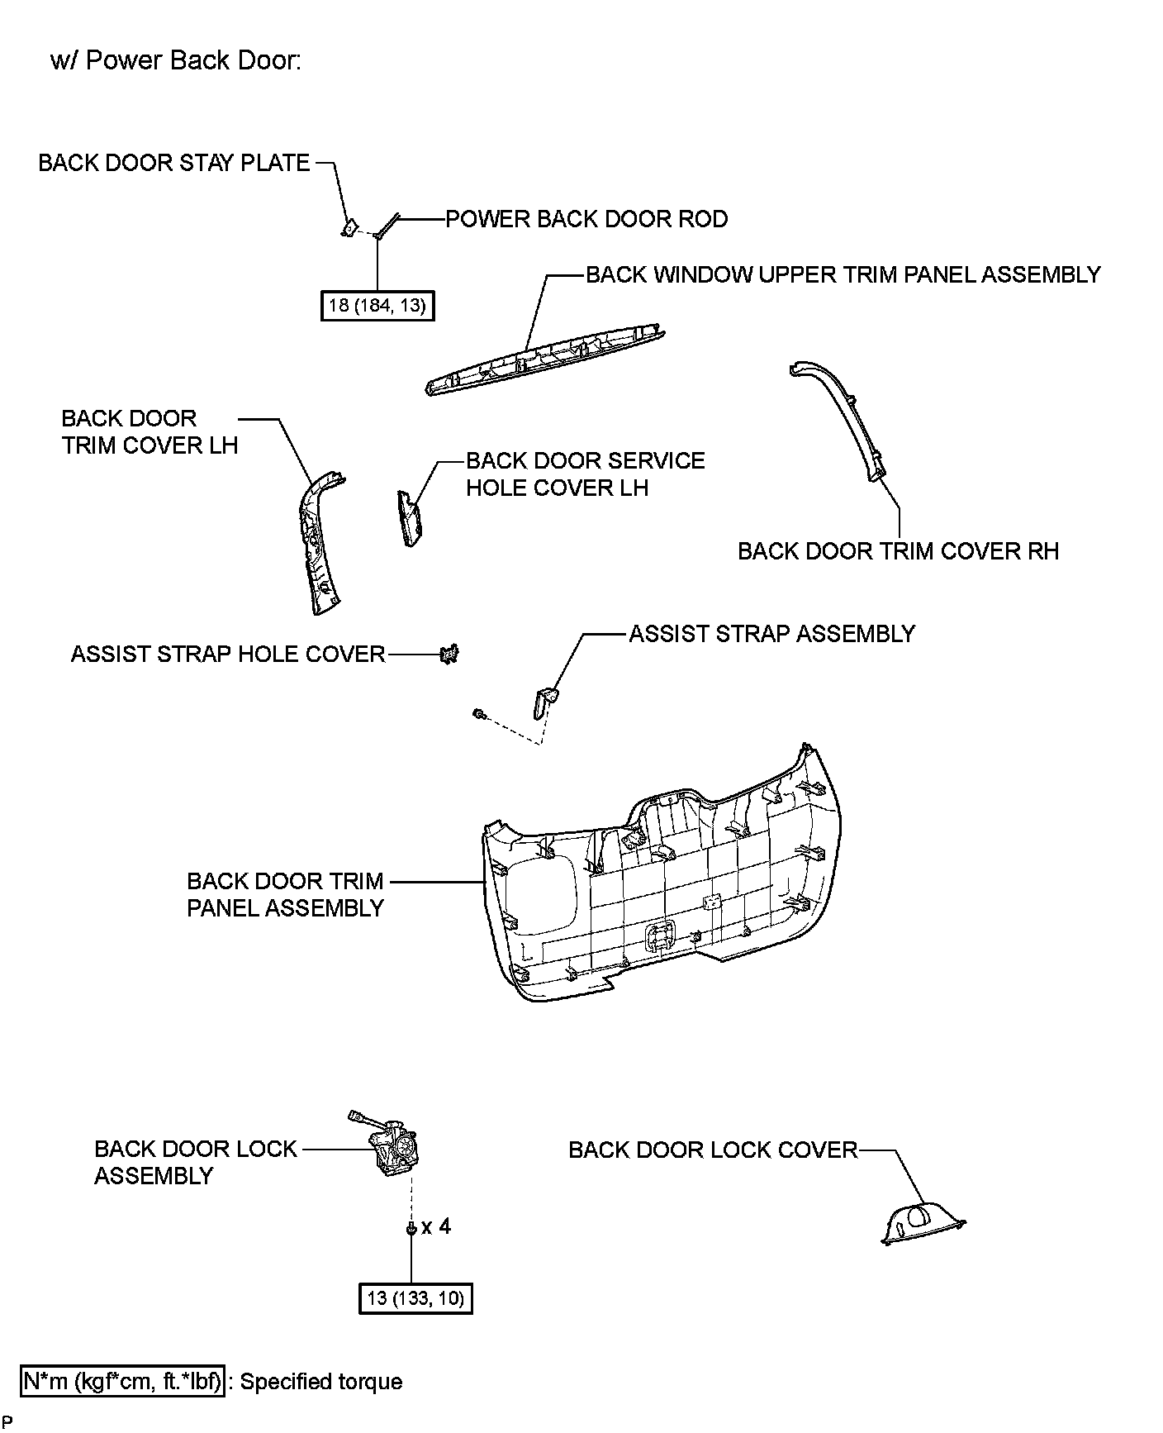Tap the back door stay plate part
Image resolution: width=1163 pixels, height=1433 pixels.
click(349, 226)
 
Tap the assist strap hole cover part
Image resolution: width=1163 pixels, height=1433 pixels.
click(450, 655)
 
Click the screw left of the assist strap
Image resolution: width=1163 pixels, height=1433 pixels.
click(478, 713)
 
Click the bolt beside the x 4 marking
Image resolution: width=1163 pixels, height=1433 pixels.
click(411, 1229)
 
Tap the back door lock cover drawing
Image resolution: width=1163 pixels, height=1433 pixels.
click(920, 1223)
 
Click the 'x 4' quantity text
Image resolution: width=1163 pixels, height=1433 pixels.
click(436, 1226)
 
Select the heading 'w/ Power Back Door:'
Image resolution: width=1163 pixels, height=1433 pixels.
click(175, 61)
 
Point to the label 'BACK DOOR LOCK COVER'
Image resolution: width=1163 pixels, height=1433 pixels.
click(713, 1150)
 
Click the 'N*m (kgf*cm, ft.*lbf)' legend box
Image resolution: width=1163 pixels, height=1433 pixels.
click(122, 1381)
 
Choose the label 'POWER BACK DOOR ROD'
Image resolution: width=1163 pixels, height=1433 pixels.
click(586, 219)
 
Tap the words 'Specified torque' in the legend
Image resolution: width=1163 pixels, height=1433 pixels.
click(321, 1382)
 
